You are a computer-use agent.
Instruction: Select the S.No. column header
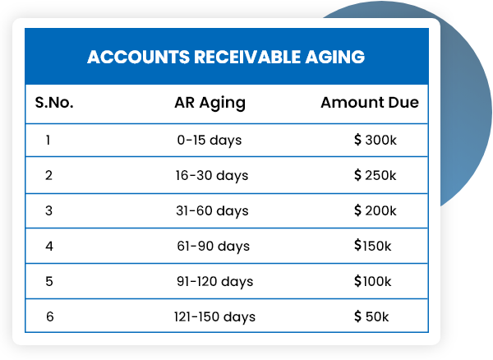pos(54,104)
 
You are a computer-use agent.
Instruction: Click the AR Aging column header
pos(210,104)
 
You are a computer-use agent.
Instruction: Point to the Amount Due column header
pos(370,104)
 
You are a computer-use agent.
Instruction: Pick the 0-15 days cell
pos(210,141)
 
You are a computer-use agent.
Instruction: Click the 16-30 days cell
pos(211,176)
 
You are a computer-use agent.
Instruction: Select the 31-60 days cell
pos(211,211)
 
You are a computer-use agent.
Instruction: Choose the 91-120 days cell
pos(214,281)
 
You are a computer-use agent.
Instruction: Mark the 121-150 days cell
pos(214,316)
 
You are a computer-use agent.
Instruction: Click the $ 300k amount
pos(376,141)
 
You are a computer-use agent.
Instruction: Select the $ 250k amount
pos(376,176)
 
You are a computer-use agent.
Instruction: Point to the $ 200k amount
pos(376,211)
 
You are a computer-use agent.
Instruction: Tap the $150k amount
pos(373,246)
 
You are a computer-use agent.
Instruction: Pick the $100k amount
pos(373,281)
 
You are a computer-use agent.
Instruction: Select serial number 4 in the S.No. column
pos(48,246)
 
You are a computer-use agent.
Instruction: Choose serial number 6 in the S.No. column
pos(49,316)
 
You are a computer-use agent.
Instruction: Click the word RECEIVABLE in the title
pos(233,58)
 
